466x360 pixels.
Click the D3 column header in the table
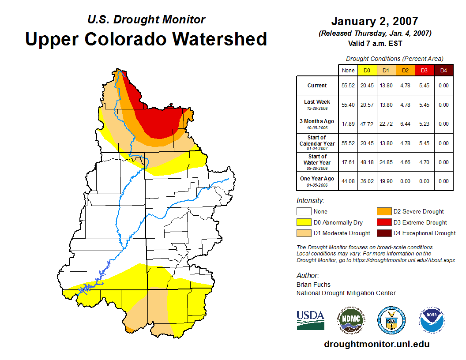point(424,70)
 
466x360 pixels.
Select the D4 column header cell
point(443,70)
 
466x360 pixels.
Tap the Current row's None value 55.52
point(348,86)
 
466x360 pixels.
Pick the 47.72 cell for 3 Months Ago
point(367,124)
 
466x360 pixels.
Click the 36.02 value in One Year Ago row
point(367,181)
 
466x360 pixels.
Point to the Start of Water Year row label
point(317,162)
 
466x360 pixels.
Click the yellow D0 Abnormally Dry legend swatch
point(304,222)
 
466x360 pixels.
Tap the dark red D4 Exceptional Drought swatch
point(384,233)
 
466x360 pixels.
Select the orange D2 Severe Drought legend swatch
point(384,211)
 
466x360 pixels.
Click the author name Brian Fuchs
point(313,285)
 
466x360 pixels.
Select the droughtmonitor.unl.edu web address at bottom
point(376,344)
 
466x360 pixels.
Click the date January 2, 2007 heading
point(375,21)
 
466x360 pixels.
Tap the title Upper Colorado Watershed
point(146,39)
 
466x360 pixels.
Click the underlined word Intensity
point(310,201)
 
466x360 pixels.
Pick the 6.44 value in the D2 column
point(405,124)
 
